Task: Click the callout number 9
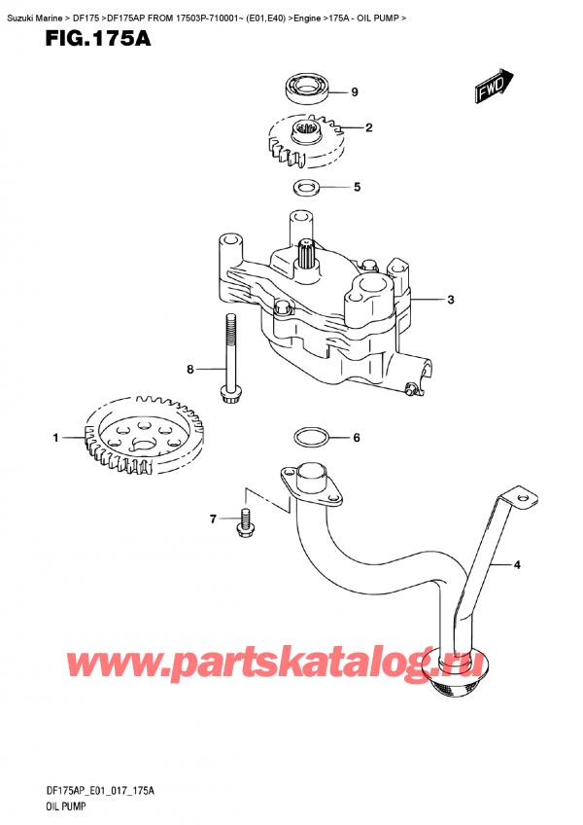pyautogui.click(x=355, y=92)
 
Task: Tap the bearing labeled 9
pyautogui.click(x=307, y=88)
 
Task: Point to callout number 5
pyautogui.click(x=357, y=187)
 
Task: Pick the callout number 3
pyautogui.click(x=451, y=300)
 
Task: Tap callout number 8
pyautogui.click(x=190, y=370)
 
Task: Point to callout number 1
pyautogui.click(x=55, y=437)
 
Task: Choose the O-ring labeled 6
pyautogui.click(x=310, y=437)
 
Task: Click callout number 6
pyautogui.click(x=357, y=437)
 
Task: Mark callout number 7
pyautogui.click(x=213, y=520)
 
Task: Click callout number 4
pyautogui.click(x=517, y=565)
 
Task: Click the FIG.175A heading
pyautogui.click(x=98, y=38)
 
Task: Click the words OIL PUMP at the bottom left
pyautogui.click(x=65, y=807)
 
